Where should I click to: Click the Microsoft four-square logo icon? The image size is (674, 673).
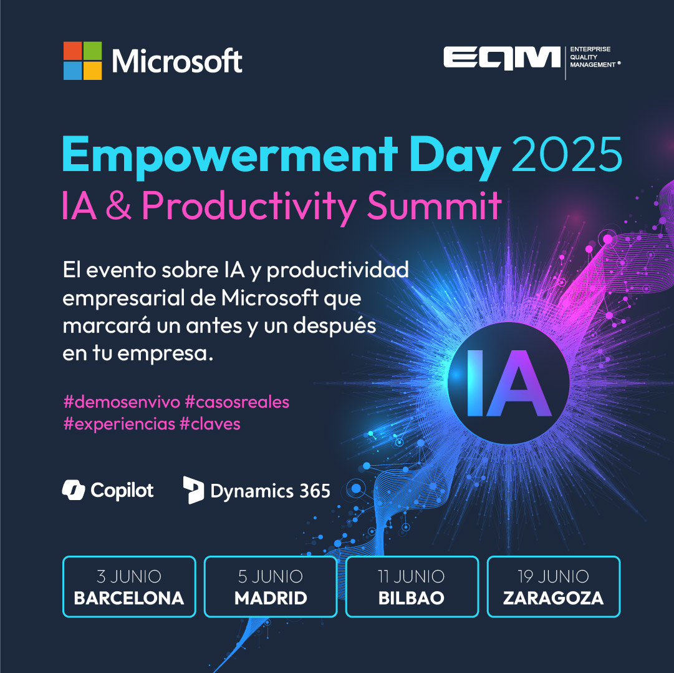82,61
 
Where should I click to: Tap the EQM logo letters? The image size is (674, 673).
502,57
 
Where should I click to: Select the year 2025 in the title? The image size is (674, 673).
567,154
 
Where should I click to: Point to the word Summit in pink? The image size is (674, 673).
434,205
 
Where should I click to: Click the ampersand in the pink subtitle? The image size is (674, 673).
118,205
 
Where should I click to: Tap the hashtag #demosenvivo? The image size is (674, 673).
122,402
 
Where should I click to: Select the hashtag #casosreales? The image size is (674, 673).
237,402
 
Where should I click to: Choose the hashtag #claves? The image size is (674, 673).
209,424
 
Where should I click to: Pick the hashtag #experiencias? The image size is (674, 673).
119,425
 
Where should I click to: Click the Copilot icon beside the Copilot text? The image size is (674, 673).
74,490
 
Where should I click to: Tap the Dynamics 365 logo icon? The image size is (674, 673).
193,490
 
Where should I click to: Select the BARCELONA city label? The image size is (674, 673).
129,598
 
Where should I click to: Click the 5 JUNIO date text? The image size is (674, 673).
271,577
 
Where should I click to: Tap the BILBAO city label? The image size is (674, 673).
412,598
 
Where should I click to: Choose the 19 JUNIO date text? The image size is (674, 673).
553,577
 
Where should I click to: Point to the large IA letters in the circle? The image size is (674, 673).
509,383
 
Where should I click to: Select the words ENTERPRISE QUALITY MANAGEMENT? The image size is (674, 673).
595,57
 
